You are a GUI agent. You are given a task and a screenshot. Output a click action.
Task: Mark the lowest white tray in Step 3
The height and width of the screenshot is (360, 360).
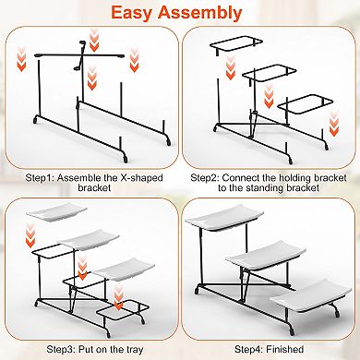pyautogui.click(x=123, y=269)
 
